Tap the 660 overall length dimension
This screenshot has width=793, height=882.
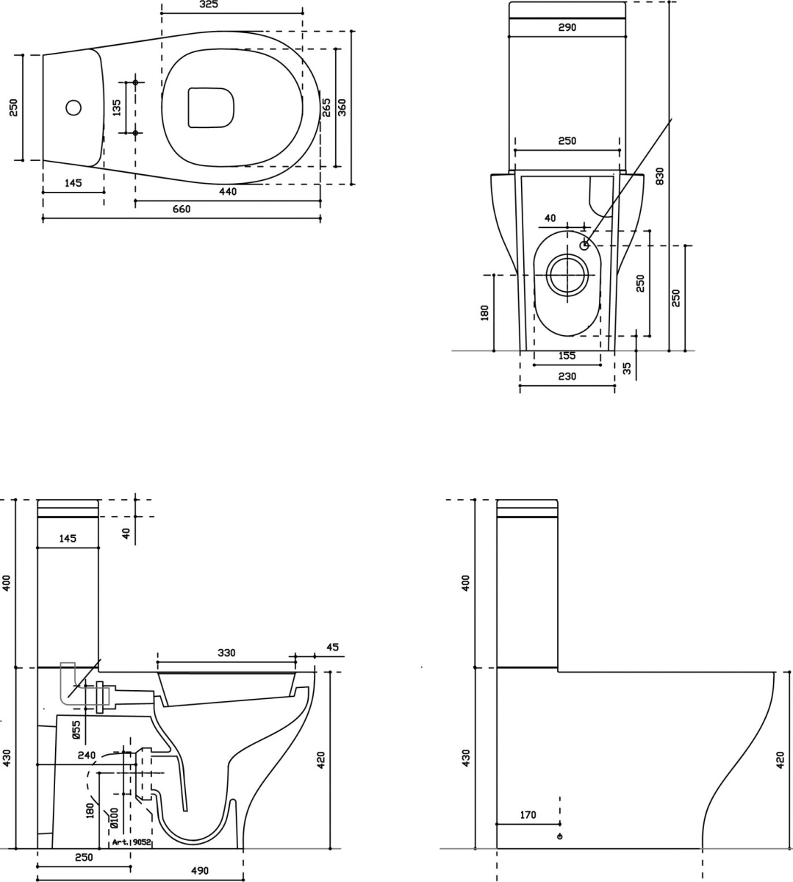point(182,209)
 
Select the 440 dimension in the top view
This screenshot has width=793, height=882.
point(227,191)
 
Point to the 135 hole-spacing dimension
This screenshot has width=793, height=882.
point(117,108)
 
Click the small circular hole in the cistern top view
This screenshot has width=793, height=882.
point(73,107)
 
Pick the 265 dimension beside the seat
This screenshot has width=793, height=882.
point(326,108)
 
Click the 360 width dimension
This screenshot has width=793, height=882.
point(342,108)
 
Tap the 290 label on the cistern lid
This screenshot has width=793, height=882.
point(567,27)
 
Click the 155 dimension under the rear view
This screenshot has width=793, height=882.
point(567,355)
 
